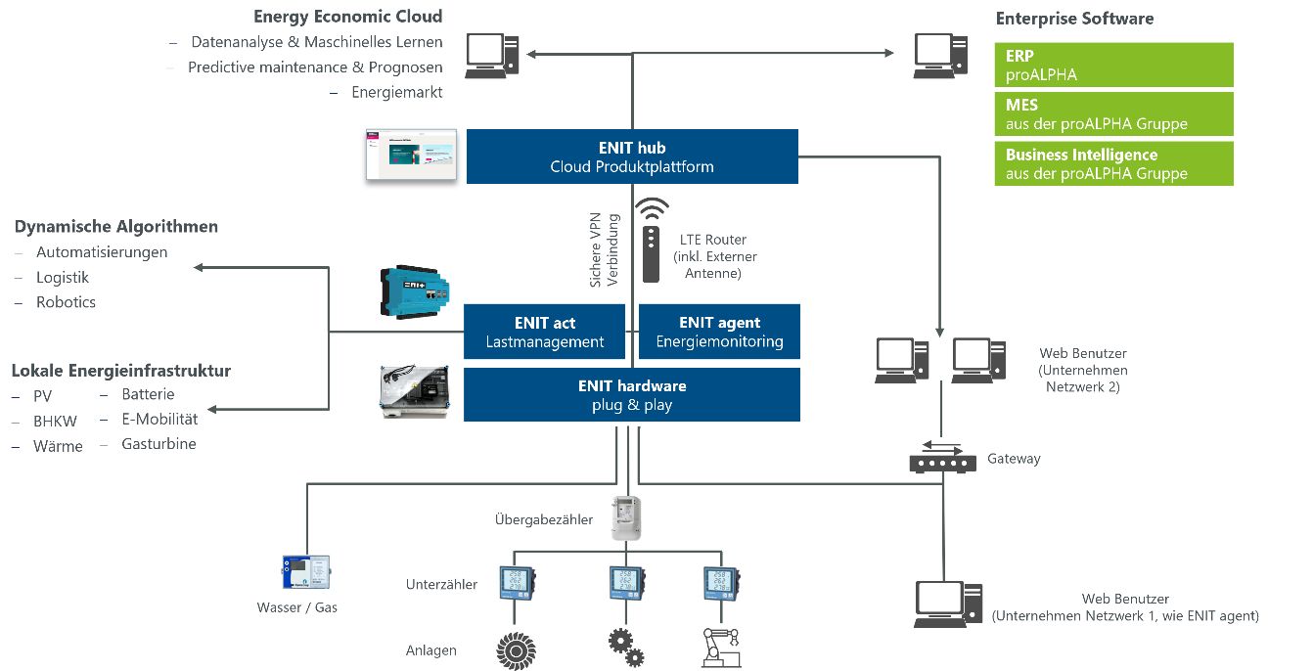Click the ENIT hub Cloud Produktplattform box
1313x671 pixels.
coord(632,157)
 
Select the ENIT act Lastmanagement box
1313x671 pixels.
coord(544,333)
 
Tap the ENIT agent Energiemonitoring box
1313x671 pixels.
coord(719,333)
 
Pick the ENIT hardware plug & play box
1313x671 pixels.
coord(632,395)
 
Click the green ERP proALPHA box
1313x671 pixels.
coord(1113,66)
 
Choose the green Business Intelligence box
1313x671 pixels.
coord(1113,164)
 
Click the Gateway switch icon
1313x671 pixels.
coord(942,458)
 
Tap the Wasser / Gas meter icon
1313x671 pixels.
coord(306,571)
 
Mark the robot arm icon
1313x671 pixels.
coord(721,648)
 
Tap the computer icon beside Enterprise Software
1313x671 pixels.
coord(940,55)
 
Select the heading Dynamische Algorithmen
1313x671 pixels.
coord(116,227)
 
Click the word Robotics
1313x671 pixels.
coord(66,302)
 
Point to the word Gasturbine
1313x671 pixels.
coord(158,444)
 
